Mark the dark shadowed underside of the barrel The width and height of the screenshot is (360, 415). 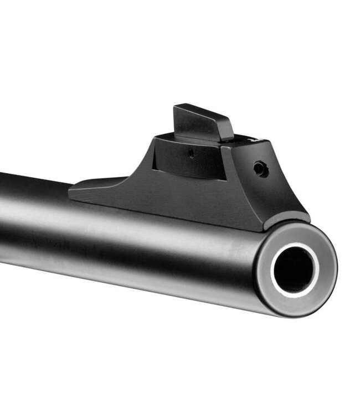[x=138, y=277]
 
